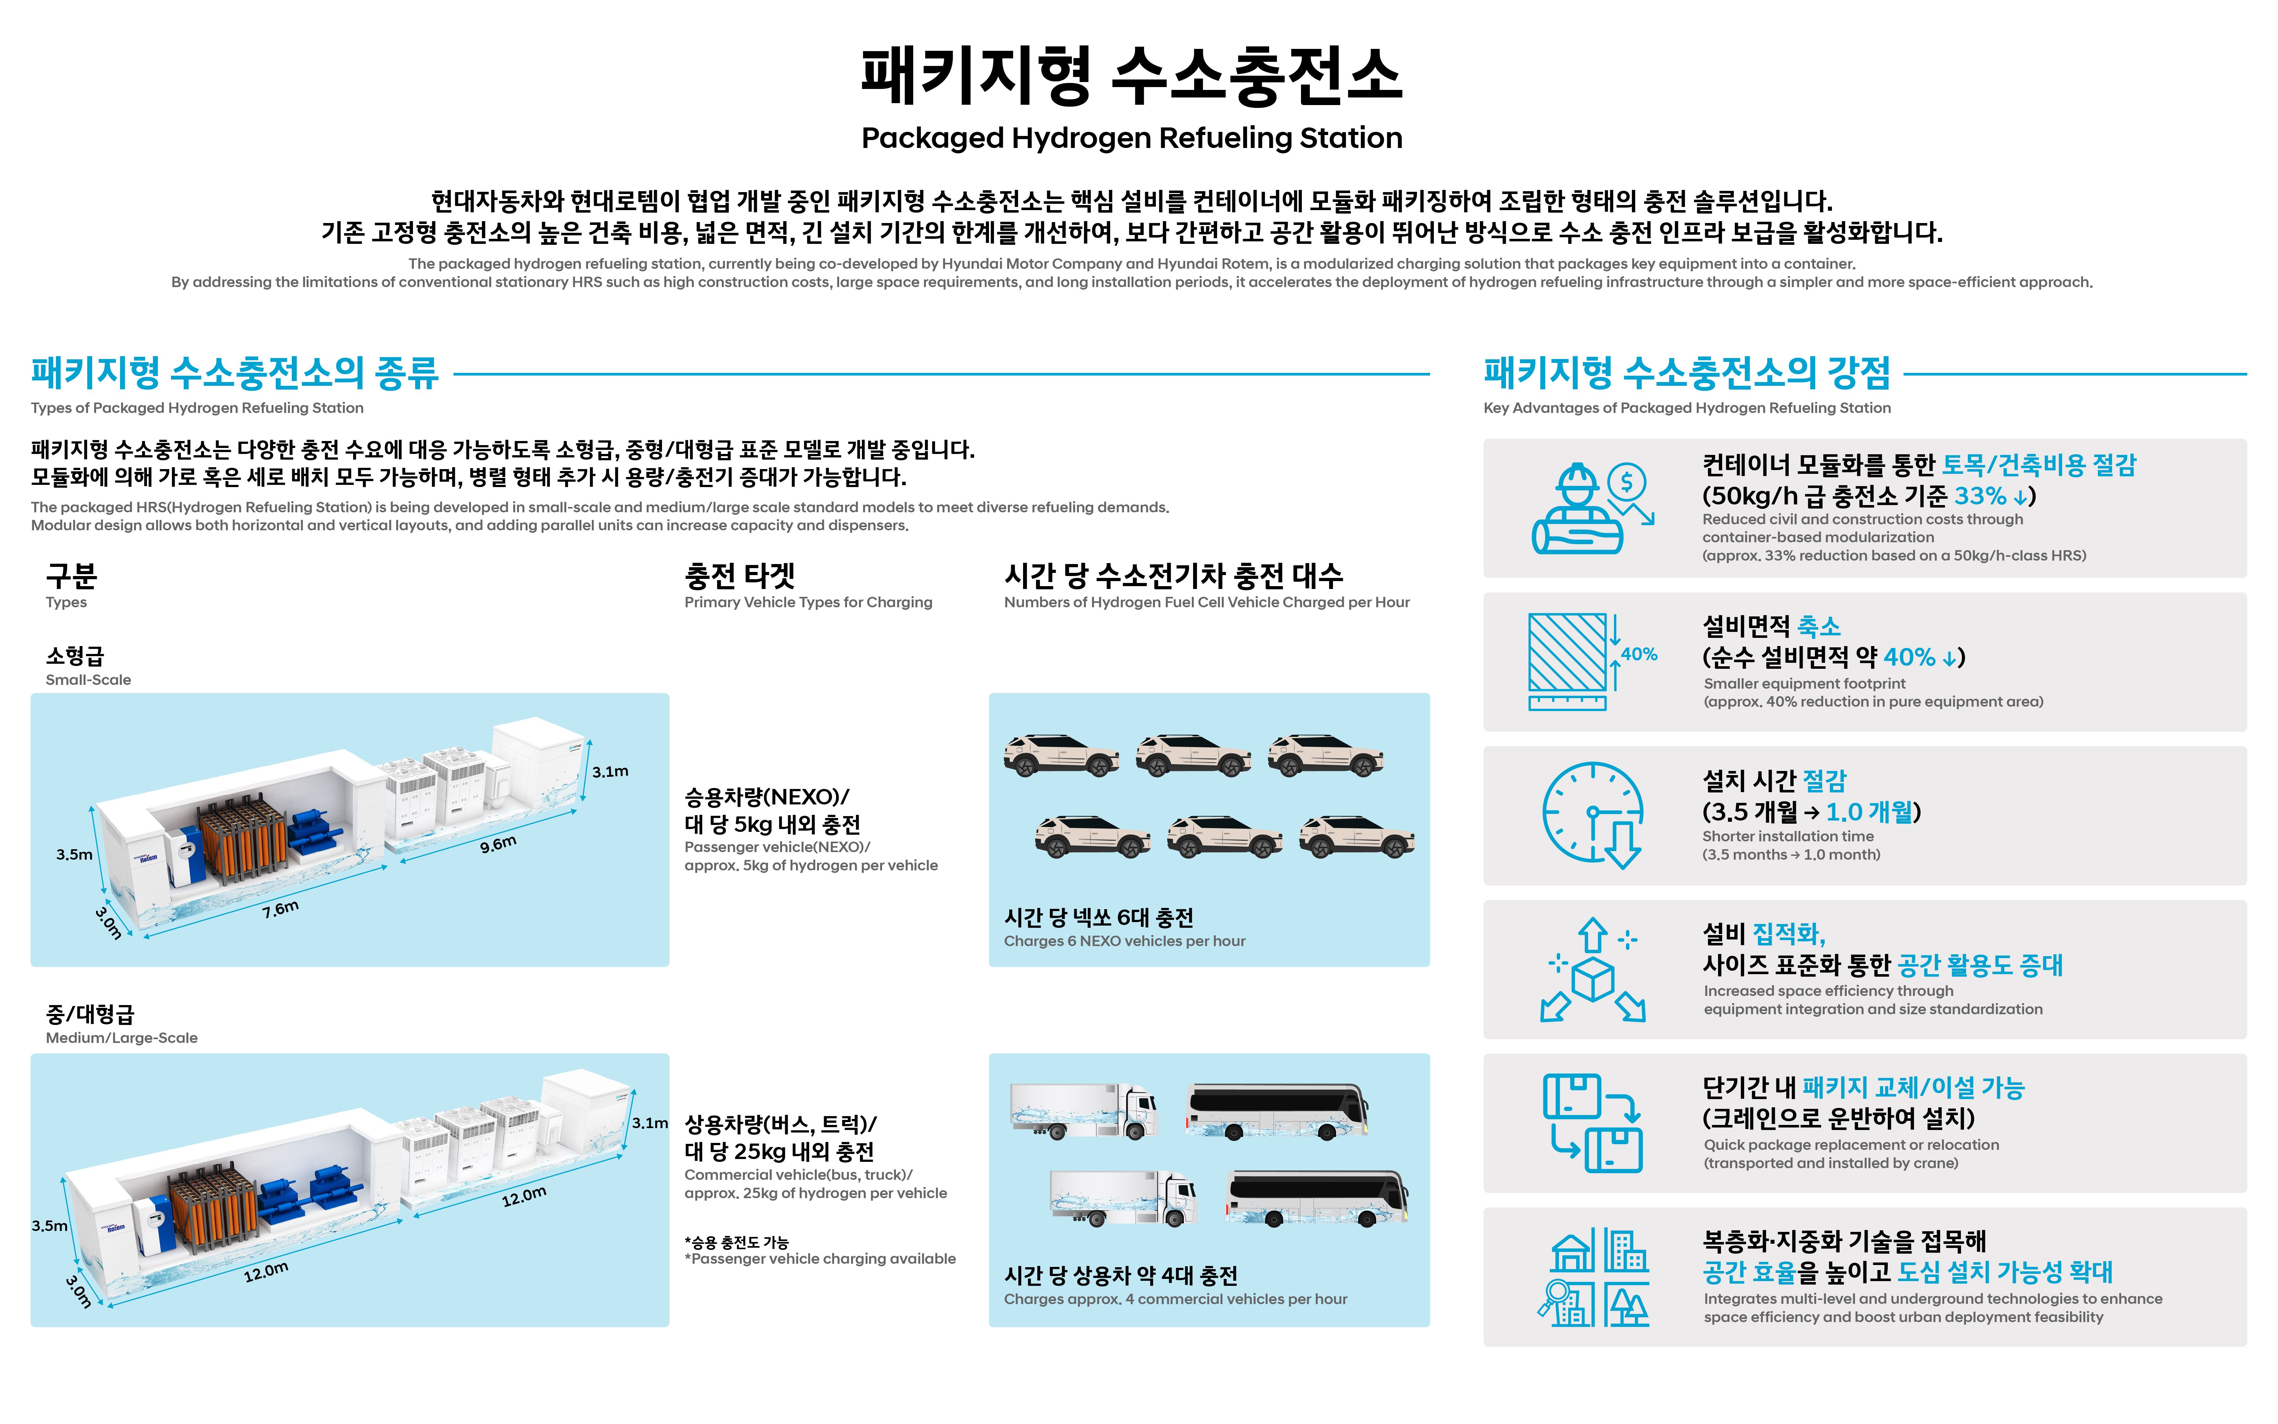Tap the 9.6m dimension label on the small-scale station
pos(498,843)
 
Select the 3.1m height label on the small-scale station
pos(610,771)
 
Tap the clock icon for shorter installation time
pos(1592,815)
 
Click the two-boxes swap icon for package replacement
pos(1592,1123)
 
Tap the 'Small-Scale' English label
pos(89,680)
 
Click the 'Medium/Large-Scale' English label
pos(121,1038)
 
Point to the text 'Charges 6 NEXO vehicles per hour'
pos(1124,941)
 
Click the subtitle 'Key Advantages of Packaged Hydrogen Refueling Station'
pos(1686,408)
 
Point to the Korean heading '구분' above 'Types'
pos(72,574)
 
